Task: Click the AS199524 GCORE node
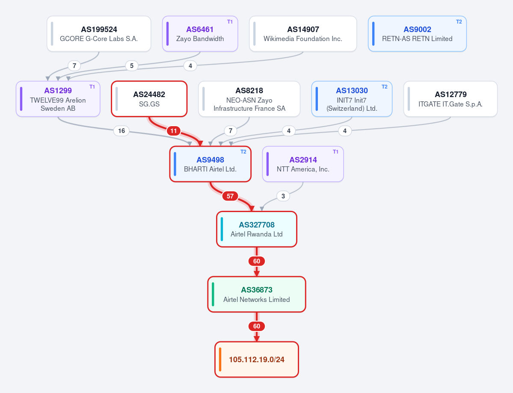(99, 34)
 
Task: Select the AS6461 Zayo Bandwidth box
(200, 34)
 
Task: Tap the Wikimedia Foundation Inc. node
(303, 34)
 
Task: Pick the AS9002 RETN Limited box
(417, 34)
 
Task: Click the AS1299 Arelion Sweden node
(58, 99)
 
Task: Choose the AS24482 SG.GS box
(149, 99)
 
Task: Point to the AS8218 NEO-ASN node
(249, 99)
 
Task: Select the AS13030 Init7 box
(352, 99)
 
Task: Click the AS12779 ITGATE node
(451, 99)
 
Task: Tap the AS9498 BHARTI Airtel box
(211, 164)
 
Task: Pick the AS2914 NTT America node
(303, 164)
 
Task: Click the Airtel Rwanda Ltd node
(257, 229)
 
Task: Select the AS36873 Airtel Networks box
(257, 294)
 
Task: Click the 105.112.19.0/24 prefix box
(257, 359)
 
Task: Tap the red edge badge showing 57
(230, 196)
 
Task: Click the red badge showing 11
(174, 131)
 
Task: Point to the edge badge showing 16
(122, 131)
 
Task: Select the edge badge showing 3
(283, 196)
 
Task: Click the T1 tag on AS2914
(335, 152)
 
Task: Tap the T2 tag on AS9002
(459, 21)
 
